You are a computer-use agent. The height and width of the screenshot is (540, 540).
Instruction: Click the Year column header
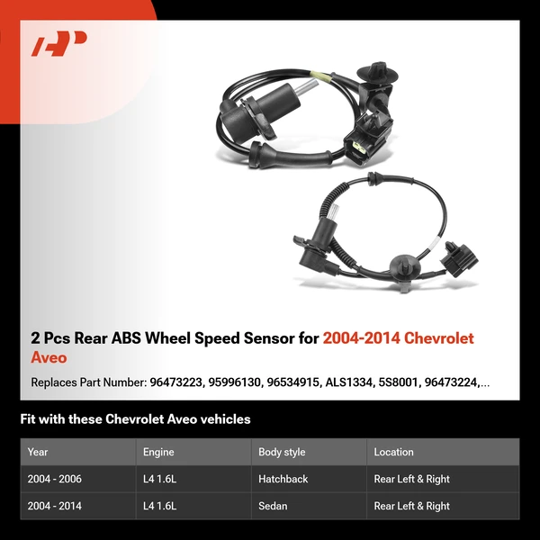pyautogui.click(x=38, y=452)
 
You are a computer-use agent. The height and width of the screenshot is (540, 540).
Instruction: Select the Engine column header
pyautogui.click(x=158, y=452)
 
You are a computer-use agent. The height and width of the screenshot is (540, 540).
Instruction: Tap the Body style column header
pyautogui.click(x=282, y=452)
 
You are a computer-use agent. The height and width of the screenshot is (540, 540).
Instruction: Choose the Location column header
pyautogui.click(x=393, y=452)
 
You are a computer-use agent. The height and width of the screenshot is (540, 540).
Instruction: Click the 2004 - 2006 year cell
pyautogui.click(x=55, y=479)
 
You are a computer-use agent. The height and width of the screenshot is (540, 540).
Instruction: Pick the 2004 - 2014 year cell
pyautogui.click(x=55, y=506)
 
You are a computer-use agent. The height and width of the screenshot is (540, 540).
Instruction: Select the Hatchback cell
pyautogui.click(x=283, y=479)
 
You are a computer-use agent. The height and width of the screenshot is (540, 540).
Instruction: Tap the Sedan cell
pyautogui.click(x=273, y=506)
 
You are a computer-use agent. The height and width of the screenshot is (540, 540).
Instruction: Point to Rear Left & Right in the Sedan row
pyautogui.click(x=411, y=506)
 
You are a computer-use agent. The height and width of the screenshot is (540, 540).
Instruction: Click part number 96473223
pyautogui.click(x=174, y=382)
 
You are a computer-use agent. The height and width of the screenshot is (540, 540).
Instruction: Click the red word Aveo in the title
pyautogui.click(x=49, y=357)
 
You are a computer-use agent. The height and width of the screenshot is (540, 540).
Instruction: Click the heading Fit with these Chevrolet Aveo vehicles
pyautogui.click(x=135, y=419)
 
